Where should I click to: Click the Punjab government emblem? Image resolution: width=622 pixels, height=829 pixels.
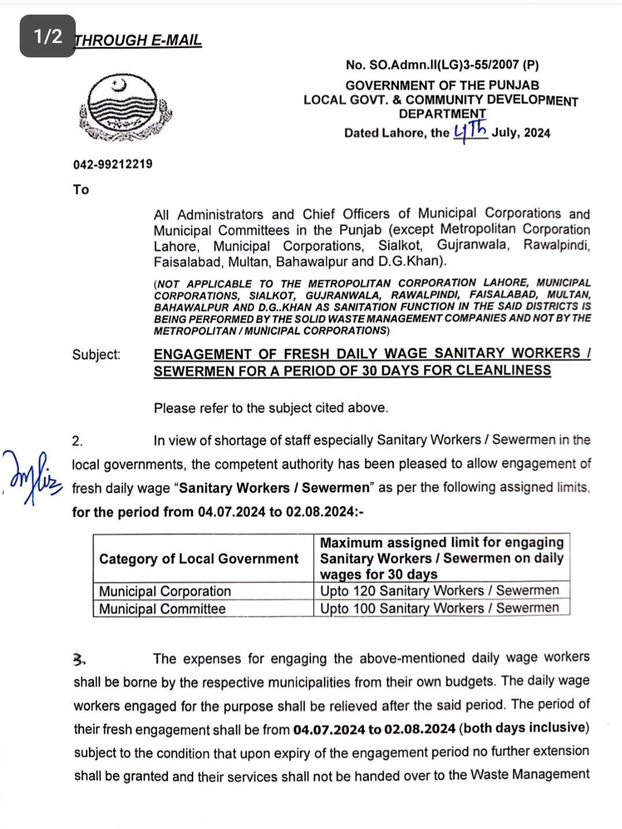pos(125,108)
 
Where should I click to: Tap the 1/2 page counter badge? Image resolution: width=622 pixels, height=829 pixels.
pos(47,36)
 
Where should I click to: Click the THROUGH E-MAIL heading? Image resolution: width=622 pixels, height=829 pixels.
pos(138,40)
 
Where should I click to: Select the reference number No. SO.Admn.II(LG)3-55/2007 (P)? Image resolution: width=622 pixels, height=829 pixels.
pos(442,65)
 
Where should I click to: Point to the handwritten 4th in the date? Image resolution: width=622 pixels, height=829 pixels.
pos(470,131)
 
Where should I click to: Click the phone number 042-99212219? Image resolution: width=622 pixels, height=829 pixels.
pos(113,164)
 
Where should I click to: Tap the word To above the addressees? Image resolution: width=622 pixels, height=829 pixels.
pos(81,190)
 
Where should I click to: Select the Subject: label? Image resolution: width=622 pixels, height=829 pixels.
pos(96,355)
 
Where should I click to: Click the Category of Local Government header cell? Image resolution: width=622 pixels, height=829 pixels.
pos(198,559)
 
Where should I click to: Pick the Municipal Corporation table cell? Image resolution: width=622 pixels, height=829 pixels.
pos(165,591)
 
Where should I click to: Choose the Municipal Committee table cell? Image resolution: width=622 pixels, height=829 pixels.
pos(162,609)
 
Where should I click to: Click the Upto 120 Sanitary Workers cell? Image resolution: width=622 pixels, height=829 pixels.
pos(439,591)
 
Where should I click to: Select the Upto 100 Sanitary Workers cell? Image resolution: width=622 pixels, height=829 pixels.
pos(439,608)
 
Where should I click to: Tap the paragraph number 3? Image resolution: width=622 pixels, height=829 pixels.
pos(79,659)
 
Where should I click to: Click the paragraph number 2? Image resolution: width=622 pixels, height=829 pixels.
pos(78,441)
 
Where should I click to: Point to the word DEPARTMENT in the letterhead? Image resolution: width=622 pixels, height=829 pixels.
pos(442,114)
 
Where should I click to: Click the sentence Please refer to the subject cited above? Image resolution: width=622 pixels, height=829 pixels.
pos(271,408)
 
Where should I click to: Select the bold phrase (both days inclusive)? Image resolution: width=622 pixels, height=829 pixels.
pos(524,728)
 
